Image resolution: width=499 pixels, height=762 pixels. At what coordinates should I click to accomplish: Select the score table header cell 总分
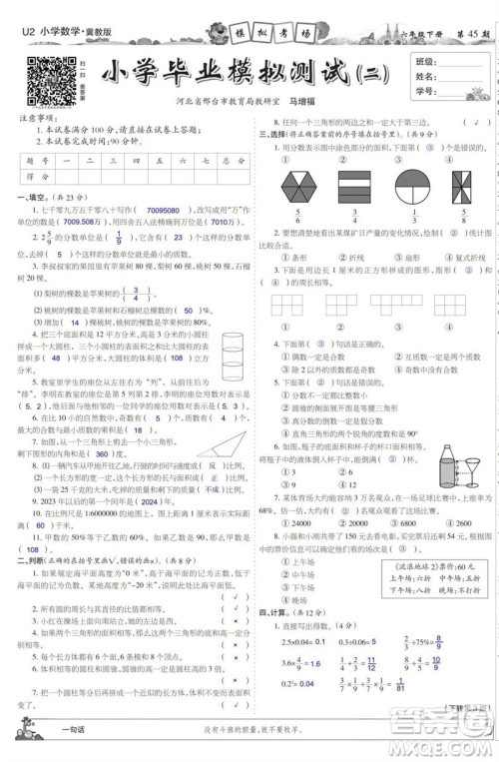(x=229, y=160)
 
